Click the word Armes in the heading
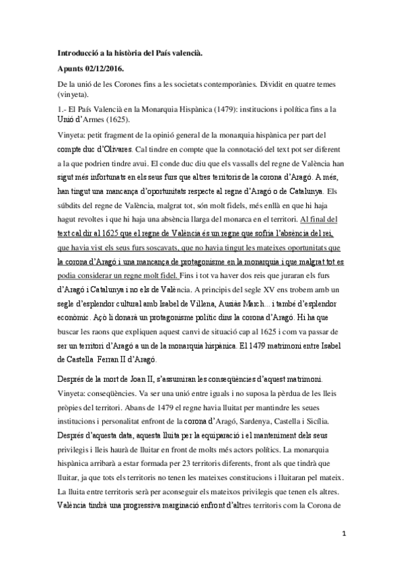[104, 121]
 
